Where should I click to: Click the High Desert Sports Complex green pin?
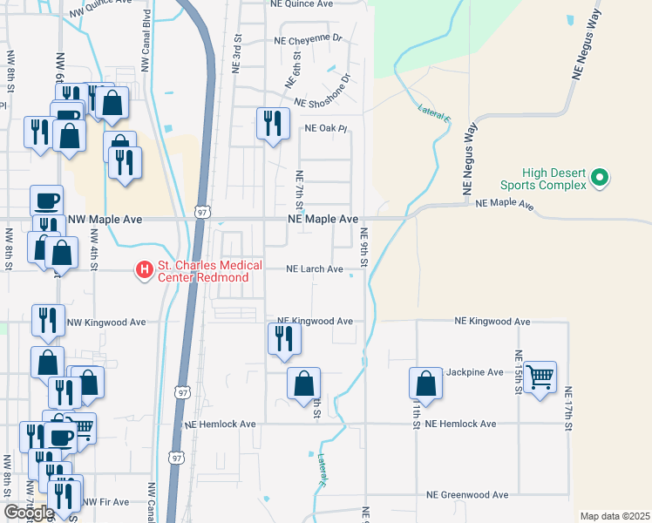[599, 178]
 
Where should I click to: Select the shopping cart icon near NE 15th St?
[540, 377]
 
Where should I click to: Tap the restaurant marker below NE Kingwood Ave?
[283, 336]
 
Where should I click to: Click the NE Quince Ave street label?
[303, 3]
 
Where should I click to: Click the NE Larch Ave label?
[315, 269]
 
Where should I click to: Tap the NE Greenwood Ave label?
[467, 494]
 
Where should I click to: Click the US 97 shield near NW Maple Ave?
[201, 212]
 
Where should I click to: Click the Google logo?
[29, 513]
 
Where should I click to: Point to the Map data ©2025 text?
[615, 516]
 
